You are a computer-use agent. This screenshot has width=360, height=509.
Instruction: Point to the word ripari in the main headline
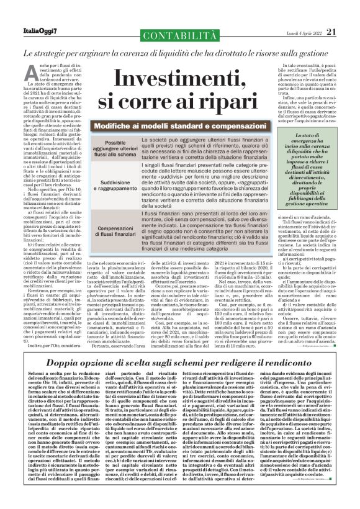point(222,103)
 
